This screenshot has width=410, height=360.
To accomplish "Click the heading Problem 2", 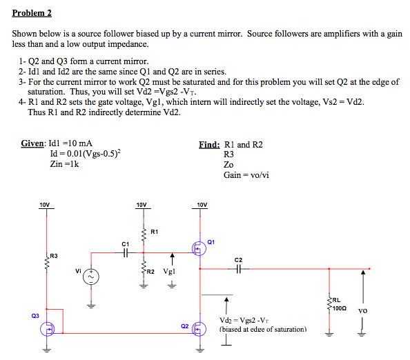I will [x=32, y=12].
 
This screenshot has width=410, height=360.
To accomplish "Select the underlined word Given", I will [x=32, y=143].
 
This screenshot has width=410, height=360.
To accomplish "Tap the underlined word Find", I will [x=209, y=144].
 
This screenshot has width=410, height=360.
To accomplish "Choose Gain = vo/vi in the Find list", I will [x=246, y=175].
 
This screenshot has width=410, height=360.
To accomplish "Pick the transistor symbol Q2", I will [x=198, y=330].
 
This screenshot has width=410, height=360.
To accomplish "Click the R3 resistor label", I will [x=55, y=256].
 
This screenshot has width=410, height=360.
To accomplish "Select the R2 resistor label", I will [x=149, y=272].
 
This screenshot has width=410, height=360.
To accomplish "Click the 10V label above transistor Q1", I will [x=202, y=205].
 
